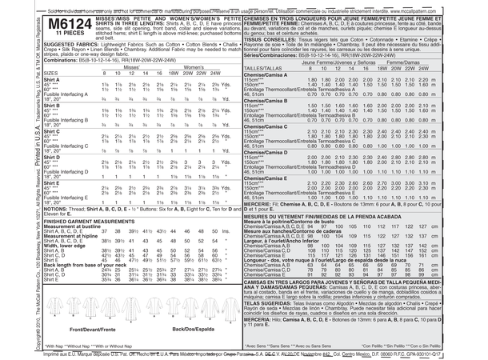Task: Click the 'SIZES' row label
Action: point(31,71)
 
